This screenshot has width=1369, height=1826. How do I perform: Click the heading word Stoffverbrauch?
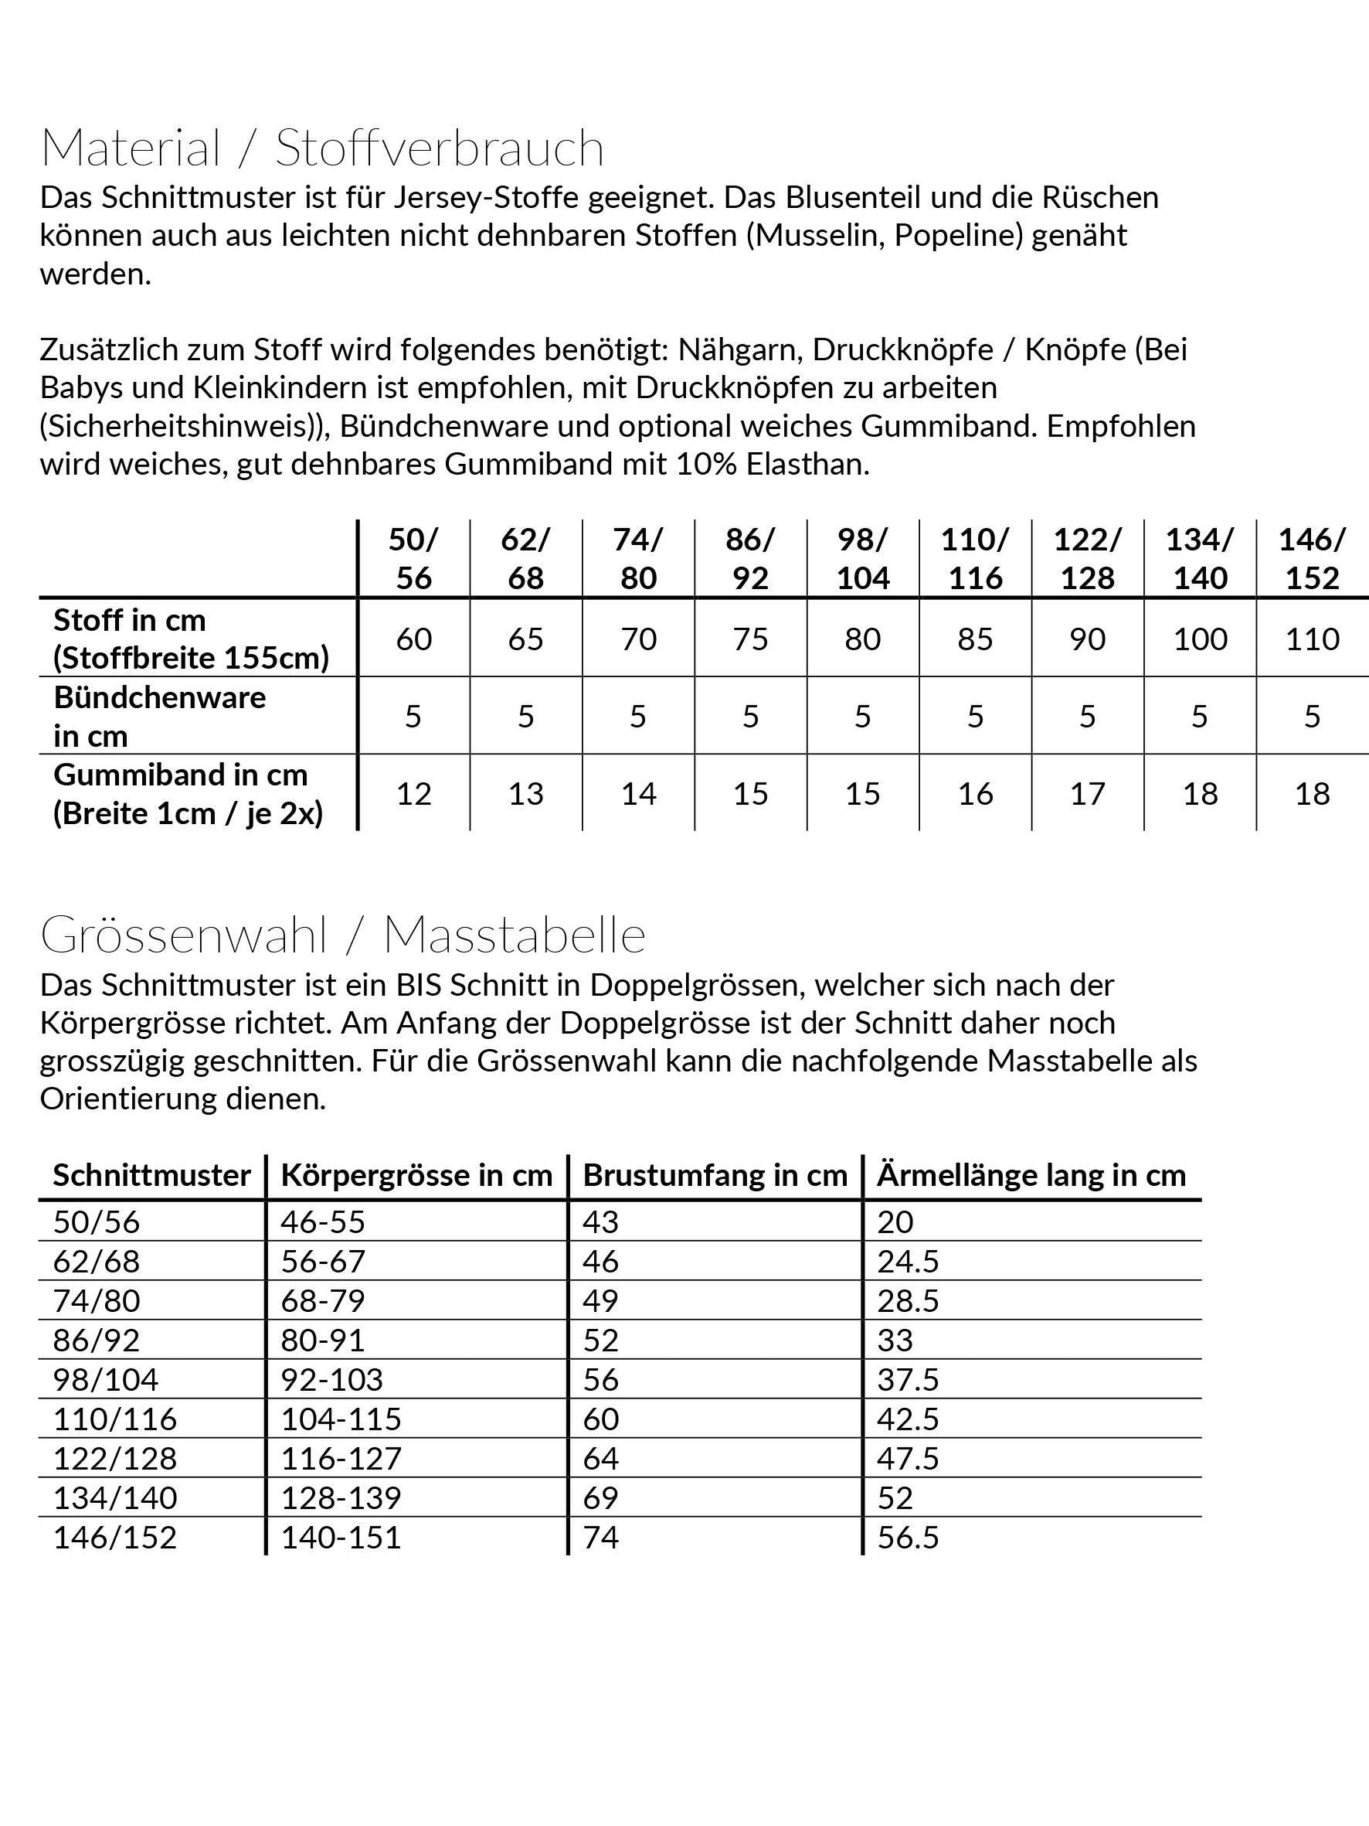click(x=439, y=148)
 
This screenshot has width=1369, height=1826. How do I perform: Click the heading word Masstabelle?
click(x=514, y=936)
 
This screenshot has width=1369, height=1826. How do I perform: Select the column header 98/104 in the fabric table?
click(x=862, y=559)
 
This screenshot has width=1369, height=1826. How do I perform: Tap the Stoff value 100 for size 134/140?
click(x=1200, y=639)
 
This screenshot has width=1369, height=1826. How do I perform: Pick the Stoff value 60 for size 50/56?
click(x=413, y=639)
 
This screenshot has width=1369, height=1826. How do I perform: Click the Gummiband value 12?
click(x=413, y=794)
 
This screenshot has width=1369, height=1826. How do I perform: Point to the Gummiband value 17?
click(x=1088, y=794)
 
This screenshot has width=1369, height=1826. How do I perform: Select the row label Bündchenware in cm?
click(x=160, y=717)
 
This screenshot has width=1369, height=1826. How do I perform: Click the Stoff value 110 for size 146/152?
click(x=1312, y=639)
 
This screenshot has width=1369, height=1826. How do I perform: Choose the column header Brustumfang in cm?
click(x=715, y=1176)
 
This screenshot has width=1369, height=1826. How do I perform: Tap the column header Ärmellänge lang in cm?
click(x=1031, y=1176)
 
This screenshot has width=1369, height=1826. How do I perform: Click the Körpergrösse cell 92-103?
click(x=331, y=1379)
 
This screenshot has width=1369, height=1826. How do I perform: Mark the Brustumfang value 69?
click(x=600, y=1497)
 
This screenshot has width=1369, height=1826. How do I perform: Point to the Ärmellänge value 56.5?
click(x=908, y=1537)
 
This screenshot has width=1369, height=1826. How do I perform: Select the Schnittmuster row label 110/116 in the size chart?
click(x=114, y=1419)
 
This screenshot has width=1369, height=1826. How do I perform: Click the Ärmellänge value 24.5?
click(x=908, y=1262)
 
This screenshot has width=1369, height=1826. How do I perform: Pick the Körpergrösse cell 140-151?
click(x=341, y=1537)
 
